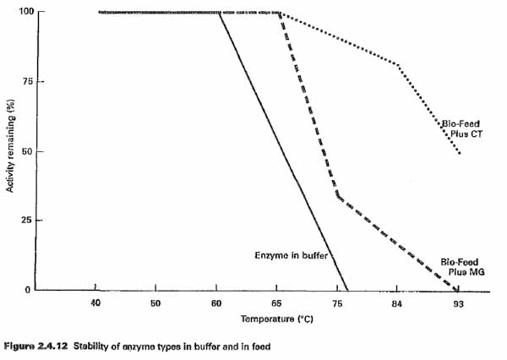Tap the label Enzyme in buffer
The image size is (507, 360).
291,255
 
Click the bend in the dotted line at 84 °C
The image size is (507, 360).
397,64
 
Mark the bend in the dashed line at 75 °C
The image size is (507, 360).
337,197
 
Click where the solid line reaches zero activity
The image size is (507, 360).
347,290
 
